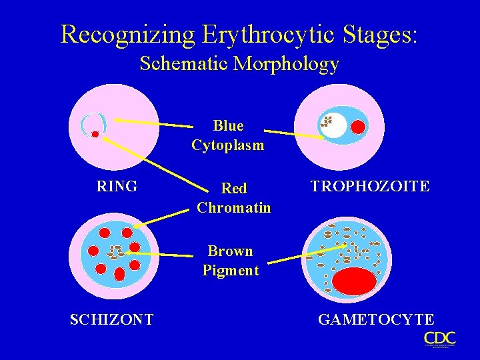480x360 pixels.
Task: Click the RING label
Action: coord(117,187)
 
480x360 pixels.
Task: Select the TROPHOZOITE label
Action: coord(370,187)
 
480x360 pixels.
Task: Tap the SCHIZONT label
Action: coord(112,319)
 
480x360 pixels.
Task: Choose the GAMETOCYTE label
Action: coord(376,319)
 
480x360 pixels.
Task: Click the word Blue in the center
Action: coord(228,126)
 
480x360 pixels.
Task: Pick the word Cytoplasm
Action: coord(228,145)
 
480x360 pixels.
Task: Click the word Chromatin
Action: coord(234,207)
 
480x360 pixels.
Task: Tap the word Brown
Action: coord(230,251)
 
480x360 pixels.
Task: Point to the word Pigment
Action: coord(231,270)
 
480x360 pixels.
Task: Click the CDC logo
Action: coord(439,339)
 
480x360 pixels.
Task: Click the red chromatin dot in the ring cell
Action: coord(95,134)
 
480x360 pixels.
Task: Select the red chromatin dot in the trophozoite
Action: coord(359,126)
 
